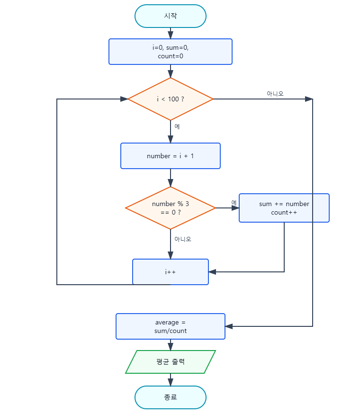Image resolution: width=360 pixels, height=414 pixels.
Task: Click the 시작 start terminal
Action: point(171,16)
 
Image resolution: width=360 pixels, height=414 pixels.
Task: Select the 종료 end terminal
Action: point(171,397)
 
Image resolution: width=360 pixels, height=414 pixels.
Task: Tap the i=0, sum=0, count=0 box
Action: point(171,52)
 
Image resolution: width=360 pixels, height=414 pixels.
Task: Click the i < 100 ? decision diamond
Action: point(171,99)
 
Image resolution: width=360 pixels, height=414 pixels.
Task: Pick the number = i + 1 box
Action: point(171,156)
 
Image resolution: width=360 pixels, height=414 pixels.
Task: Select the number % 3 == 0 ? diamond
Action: point(171,208)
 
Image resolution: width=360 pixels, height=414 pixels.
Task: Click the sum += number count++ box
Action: point(284,208)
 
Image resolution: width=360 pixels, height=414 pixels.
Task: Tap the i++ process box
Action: point(171,272)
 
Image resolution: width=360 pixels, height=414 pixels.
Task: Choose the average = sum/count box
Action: point(171,326)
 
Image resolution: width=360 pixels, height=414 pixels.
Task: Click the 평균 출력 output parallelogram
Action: point(171,362)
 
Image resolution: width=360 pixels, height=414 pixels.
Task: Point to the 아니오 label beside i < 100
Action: point(275,94)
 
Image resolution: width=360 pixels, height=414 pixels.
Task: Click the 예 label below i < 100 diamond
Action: point(177,126)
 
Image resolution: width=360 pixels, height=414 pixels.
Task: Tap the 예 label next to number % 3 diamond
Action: point(234,203)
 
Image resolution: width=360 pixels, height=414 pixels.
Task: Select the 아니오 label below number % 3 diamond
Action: point(182,239)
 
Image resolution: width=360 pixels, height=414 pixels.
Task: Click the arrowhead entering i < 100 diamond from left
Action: point(124,99)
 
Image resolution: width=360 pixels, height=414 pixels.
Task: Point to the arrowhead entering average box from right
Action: point(229,326)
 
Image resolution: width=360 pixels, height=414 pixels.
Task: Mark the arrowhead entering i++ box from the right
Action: point(212,272)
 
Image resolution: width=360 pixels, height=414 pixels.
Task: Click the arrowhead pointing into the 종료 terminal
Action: point(171,382)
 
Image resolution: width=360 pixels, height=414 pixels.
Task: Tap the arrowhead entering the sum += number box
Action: point(235,208)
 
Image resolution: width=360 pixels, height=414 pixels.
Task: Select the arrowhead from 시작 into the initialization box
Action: point(171,35)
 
